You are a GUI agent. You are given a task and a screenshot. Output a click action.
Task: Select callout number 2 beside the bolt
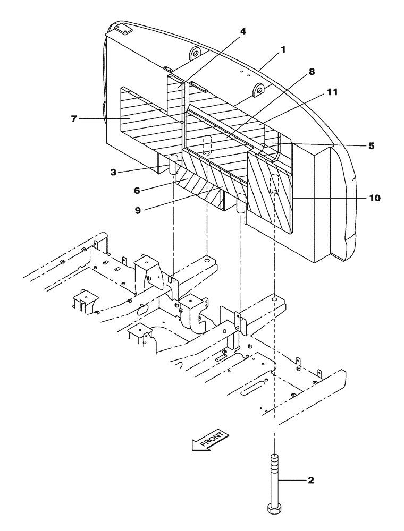tap(311, 481)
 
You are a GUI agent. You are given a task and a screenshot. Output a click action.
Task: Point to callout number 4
tap(243, 31)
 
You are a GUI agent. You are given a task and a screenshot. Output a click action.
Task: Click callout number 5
tap(371, 145)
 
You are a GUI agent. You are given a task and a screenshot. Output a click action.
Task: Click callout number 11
tap(332, 92)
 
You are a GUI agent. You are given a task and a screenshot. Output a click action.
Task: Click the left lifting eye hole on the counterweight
tap(195, 54)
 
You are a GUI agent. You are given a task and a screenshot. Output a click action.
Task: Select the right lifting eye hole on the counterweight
tap(259, 88)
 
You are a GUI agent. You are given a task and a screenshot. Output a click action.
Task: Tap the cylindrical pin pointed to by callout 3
tap(173, 167)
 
